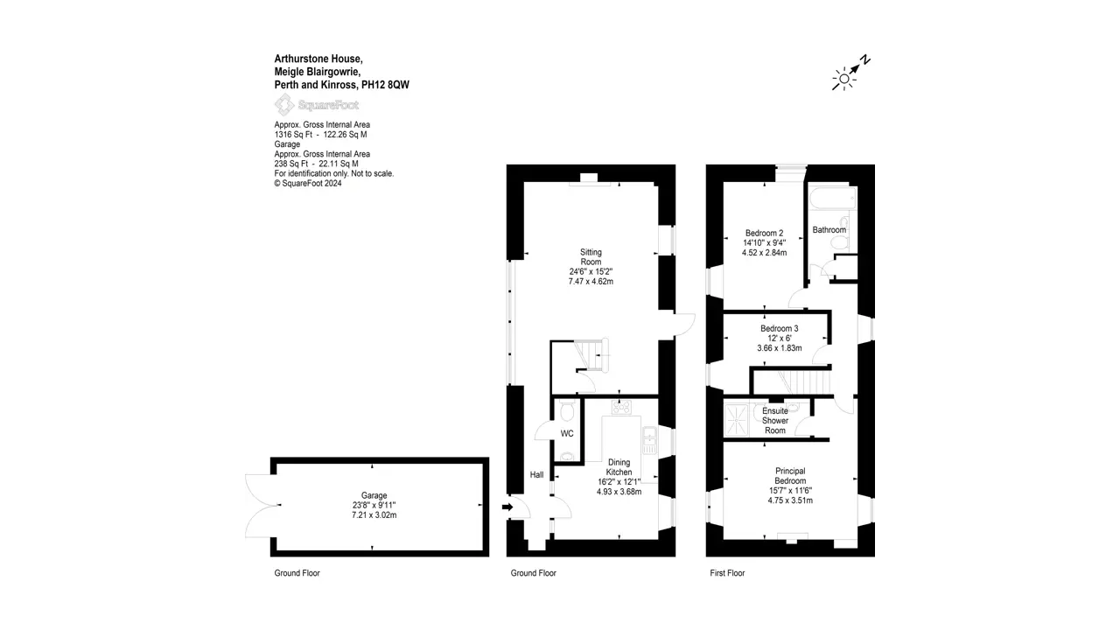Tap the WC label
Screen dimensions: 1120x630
(567, 433)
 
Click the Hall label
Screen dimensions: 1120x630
(536, 474)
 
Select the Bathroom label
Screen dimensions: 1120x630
(829, 230)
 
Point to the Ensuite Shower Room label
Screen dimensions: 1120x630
(775, 421)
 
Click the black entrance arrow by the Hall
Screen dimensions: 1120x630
(507, 507)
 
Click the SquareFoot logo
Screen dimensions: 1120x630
(317, 104)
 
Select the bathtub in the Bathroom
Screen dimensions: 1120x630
(832, 199)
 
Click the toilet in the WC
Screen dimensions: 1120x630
(567, 412)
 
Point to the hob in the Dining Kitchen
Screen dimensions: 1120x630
(621, 408)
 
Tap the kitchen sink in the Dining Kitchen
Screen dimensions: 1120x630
(649, 440)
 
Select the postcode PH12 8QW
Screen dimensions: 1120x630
(385, 85)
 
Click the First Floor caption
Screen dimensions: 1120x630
(727, 573)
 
